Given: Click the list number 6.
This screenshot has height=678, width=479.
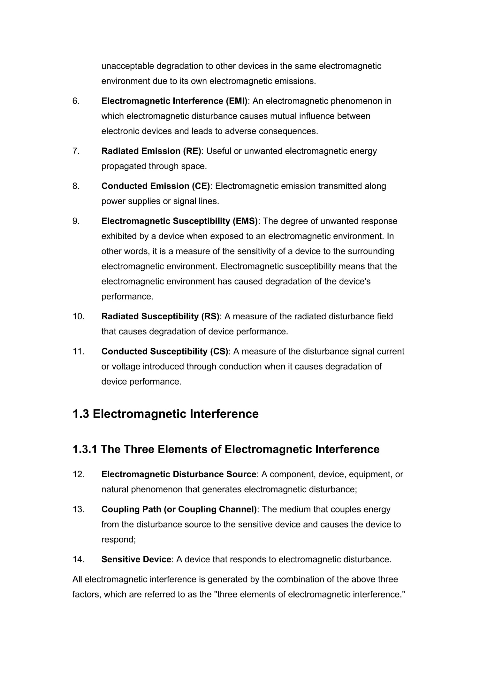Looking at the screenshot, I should pos(76,101).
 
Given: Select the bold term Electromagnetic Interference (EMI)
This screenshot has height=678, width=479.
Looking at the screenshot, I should pos(174,101).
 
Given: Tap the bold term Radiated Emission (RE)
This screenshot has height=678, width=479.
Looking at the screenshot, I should pos(151,151).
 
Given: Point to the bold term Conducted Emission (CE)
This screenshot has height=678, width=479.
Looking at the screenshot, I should pos(156,186).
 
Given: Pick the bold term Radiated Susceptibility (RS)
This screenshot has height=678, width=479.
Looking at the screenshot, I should pos(160,316).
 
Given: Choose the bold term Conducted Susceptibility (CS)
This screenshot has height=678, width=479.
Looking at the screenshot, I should pos(165,351).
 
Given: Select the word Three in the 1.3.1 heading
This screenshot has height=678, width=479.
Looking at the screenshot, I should pos(139,449).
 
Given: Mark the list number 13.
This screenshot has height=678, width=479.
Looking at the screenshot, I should pos(78,509).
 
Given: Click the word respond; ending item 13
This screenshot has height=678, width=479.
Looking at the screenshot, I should pos(118,539).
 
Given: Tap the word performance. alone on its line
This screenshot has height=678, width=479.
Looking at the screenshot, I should pos(127,296).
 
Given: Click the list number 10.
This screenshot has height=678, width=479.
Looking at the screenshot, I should pos(78,316).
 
